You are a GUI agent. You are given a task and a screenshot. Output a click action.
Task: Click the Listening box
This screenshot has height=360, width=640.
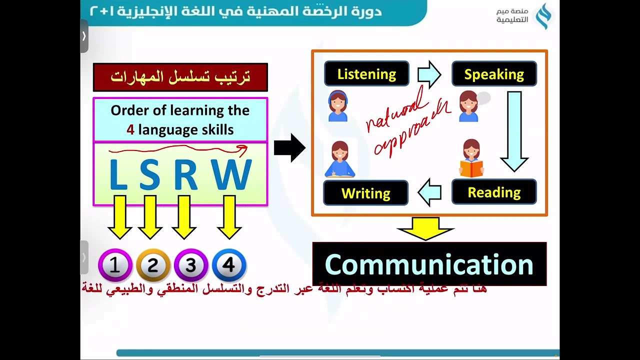[366, 74]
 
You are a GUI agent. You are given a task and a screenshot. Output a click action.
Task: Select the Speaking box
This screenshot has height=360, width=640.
[494, 74]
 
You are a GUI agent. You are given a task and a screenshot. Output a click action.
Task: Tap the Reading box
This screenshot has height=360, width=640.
[494, 192]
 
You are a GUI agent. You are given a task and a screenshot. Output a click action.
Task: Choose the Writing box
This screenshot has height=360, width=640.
[365, 193]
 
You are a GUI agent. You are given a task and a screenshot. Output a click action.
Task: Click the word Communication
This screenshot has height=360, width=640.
[429, 264]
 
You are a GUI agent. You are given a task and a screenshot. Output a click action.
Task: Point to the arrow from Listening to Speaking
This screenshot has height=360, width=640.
[429, 74]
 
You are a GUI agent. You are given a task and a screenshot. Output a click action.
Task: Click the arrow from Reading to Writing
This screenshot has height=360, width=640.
[429, 192]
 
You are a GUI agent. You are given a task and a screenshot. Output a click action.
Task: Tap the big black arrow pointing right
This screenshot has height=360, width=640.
[289, 148]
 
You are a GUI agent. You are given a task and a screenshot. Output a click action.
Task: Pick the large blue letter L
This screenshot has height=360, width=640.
[118, 175]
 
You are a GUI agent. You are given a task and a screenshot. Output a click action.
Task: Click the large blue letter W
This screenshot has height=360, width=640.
[231, 175]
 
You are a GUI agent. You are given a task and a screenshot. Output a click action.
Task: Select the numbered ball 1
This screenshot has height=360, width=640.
[115, 265]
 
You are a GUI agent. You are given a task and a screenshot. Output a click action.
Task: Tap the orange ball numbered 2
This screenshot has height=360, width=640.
[153, 265]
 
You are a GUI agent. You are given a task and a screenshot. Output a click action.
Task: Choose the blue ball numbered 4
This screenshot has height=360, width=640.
[229, 265]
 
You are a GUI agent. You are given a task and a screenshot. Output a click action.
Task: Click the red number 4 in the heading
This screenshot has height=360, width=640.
[130, 130]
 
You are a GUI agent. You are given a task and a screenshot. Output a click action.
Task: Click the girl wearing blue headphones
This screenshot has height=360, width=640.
[338, 106]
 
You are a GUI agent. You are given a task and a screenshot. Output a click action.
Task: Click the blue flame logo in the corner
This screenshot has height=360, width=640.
[543, 16]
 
